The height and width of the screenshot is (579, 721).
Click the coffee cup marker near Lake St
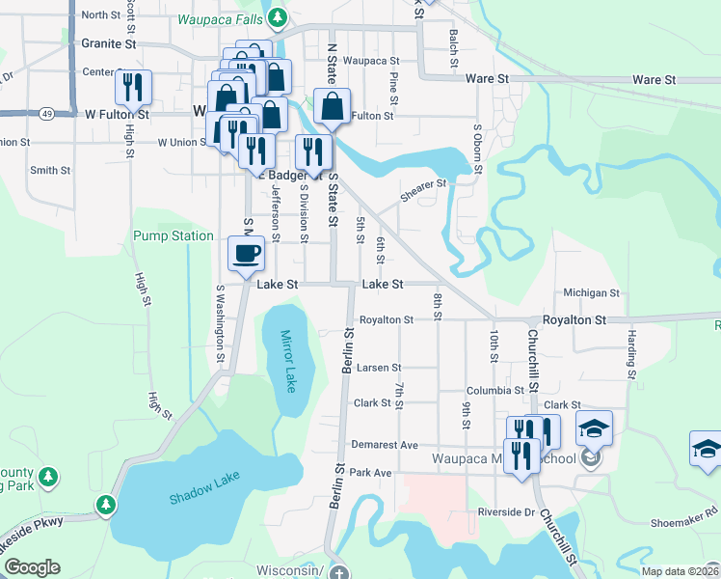(245, 254)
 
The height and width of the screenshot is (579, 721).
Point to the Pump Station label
(174, 235)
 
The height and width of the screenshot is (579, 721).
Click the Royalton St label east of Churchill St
(574, 319)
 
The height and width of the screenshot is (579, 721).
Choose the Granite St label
(109, 43)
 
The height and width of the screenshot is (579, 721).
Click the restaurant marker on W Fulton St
(133, 88)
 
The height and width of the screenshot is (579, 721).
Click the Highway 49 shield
(47, 114)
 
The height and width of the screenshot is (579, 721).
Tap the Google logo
(32, 567)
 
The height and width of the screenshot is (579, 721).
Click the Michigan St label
(591, 292)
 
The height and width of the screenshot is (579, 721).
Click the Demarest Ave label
(385, 445)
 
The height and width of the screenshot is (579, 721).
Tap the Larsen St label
(379, 368)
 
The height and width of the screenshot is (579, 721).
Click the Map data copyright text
(681, 571)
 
